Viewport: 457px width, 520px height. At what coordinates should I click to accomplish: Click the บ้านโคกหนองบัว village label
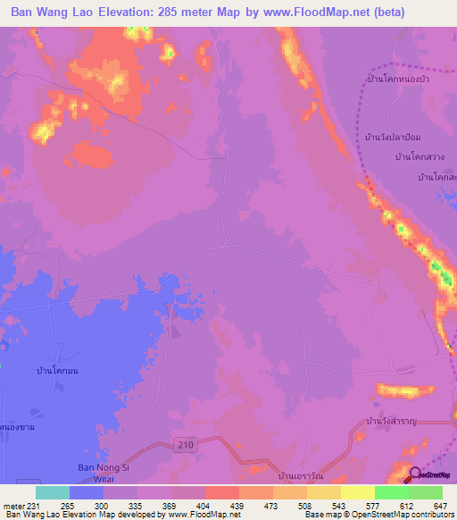click(x=399, y=80)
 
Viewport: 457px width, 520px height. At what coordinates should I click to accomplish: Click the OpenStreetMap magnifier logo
click(x=417, y=474)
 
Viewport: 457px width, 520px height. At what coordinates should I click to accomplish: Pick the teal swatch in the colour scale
click(x=52, y=492)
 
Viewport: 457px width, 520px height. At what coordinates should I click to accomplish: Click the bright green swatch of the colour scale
click(x=391, y=492)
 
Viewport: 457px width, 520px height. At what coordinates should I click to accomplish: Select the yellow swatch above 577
click(x=357, y=492)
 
